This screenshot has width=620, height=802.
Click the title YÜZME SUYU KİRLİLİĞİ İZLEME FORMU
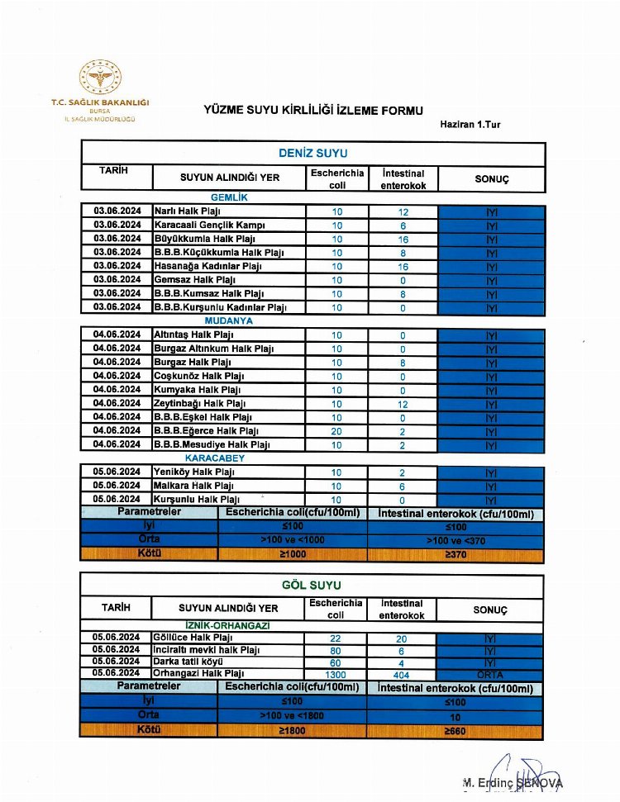[313, 110]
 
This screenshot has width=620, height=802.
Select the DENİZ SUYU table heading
[312, 154]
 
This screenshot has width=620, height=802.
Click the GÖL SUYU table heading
[312, 586]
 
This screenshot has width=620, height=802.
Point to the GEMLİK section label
[229, 198]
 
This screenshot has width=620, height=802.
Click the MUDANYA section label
[231, 320]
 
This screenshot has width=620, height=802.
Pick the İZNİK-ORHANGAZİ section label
[228, 625]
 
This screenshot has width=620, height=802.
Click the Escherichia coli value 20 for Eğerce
[336, 430]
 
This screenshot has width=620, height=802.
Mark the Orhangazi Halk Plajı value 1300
[336, 674]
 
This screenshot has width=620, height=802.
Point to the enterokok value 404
[402, 674]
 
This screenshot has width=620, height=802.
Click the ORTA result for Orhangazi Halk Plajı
[491, 674]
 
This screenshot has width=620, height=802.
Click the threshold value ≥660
[455, 731]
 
